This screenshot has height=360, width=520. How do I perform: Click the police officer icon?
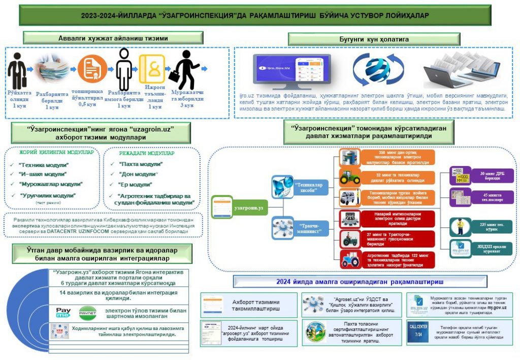(460, 226)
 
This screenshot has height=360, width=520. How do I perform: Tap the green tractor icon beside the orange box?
(350, 178)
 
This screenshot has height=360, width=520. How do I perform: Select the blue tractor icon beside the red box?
(350, 259)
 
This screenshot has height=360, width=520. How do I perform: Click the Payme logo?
(63, 311)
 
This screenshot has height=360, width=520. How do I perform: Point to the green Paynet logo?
(87, 311)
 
